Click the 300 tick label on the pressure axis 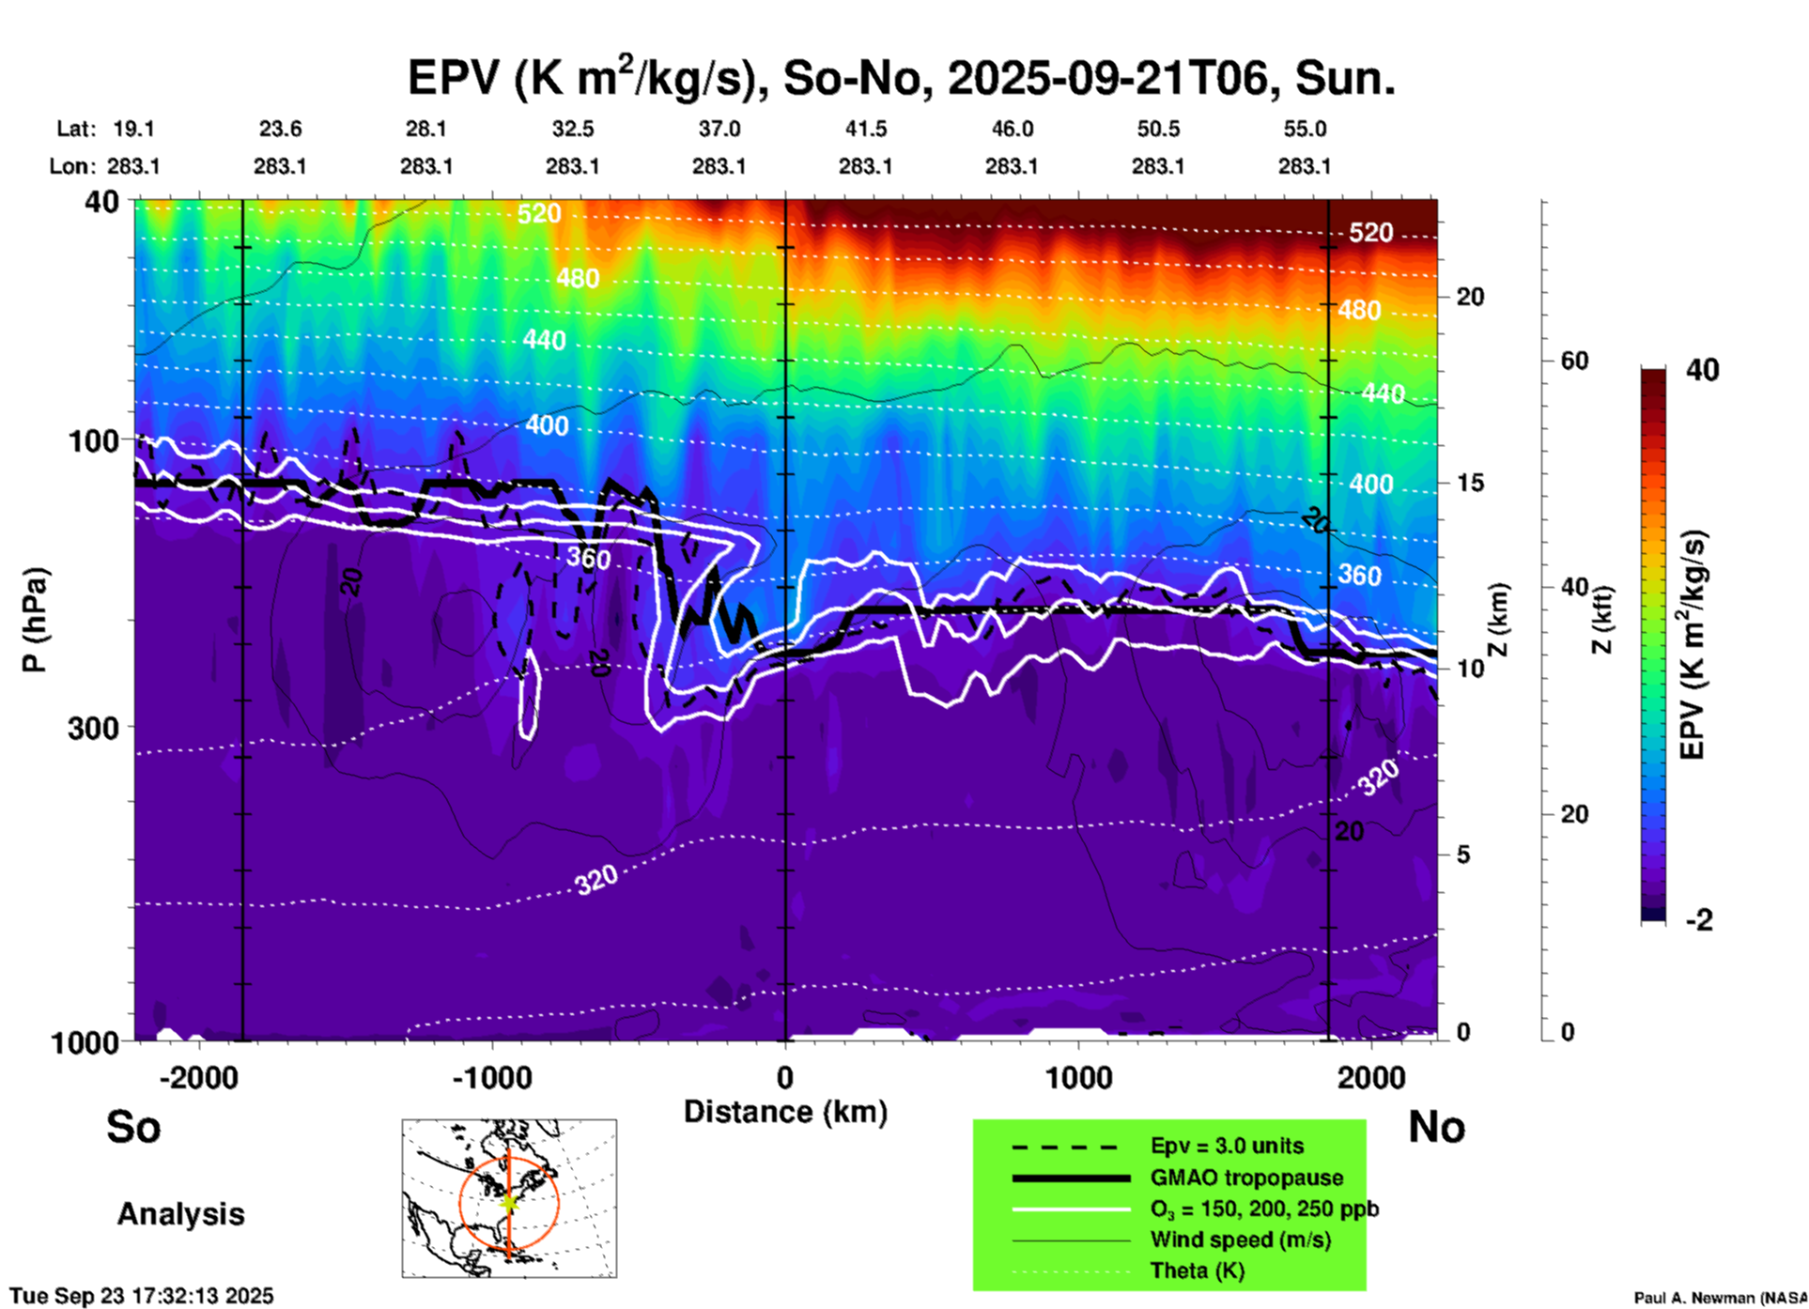click(93, 728)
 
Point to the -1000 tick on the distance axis click(491, 1077)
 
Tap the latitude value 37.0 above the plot click(719, 129)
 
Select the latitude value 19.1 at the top click(133, 129)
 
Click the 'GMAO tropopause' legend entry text click(1246, 1178)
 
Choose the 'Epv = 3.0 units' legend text click(1227, 1147)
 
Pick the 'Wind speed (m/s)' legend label click(1240, 1240)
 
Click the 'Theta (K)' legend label click(1197, 1270)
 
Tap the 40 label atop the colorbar click(1702, 370)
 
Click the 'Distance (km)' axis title click(785, 1112)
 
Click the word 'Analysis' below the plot click(180, 1214)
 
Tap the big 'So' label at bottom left click(133, 1126)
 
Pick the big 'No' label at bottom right click(1436, 1126)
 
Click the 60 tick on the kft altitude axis click(1574, 361)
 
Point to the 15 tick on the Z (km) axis click(1470, 483)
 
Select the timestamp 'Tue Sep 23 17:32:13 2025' click(142, 1296)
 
